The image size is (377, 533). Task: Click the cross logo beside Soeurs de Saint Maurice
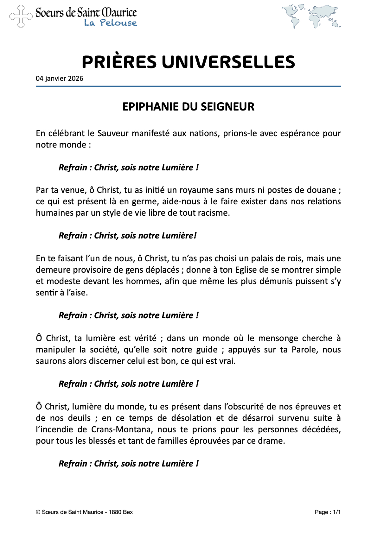tap(21, 16)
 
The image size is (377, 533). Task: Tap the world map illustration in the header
tap(311, 16)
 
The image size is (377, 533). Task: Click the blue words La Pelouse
tap(110, 23)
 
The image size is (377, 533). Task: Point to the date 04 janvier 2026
tap(60, 79)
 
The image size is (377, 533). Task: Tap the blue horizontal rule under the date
tap(188, 86)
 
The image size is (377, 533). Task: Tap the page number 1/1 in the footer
tap(336, 512)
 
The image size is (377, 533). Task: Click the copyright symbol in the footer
tap(38, 512)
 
